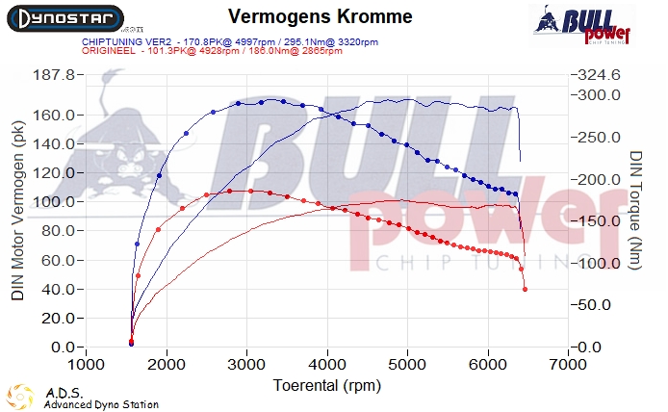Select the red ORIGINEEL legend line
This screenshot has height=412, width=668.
point(181,51)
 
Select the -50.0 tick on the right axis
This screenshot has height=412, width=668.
point(598,304)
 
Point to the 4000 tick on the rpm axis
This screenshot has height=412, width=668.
point(328,366)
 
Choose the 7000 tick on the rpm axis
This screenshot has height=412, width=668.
point(569,366)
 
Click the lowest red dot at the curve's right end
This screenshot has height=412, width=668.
point(525,289)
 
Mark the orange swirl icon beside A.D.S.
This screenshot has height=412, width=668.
point(20,396)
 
